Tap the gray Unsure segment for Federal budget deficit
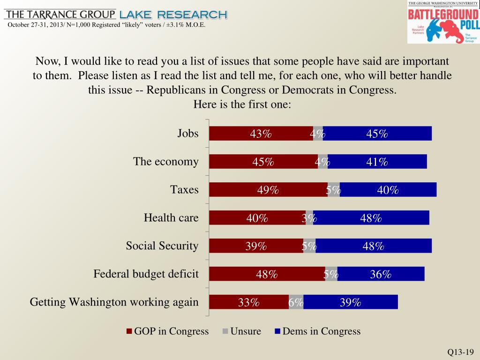[x=331, y=274]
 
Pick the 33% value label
[x=248, y=303]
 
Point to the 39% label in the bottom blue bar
[x=350, y=303]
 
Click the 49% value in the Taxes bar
[x=268, y=190]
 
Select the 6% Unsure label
[x=296, y=303]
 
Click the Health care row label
[x=171, y=218]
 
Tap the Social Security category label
[x=162, y=246]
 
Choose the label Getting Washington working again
[x=114, y=302]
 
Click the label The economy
[x=166, y=162]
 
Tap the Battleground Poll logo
[x=443, y=22]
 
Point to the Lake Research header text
[x=173, y=15]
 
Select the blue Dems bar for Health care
[x=371, y=218]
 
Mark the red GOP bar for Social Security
[x=255, y=246]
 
